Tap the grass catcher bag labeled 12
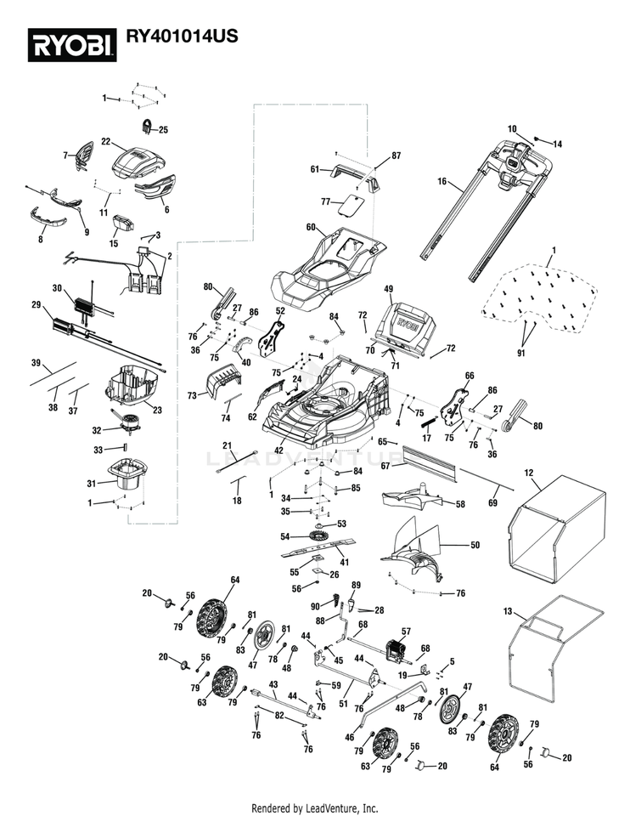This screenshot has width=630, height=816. pyautogui.click(x=556, y=527)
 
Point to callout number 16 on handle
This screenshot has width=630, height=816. pyautogui.click(x=442, y=181)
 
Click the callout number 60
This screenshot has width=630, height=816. pyautogui.click(x=310, y=227)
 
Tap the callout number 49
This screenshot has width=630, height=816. pyautogui.click(x=390, y=289)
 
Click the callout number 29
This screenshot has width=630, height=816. pyautogui.click(x=37, y=304)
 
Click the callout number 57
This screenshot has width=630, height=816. pyautogui.click(x=406, y=632)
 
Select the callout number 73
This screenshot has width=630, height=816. pyautogui.click(x=192, y=395)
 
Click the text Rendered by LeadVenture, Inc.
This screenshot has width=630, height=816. pyautogui.click(x=315, y=807)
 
